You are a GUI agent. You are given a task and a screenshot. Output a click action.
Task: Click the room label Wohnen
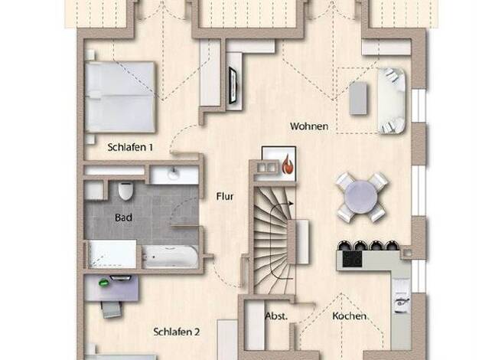(x=309, y=126)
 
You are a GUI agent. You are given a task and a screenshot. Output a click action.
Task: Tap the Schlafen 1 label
(x=130, y=147)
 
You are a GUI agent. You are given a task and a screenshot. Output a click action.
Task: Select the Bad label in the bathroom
(x=123, y=218)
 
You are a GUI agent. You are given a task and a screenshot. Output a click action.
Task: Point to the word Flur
(x=225, y=196)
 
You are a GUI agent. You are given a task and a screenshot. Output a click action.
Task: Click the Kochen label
(x=349, y=316)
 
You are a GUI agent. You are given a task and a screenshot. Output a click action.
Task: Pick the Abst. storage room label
(x=276, y=316)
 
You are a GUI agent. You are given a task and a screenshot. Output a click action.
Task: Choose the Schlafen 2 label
(x=177, y=332)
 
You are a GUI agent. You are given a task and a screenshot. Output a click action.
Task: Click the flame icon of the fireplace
(x=287, y=165)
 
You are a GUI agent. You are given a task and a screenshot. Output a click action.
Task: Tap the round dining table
(x=361, y=198)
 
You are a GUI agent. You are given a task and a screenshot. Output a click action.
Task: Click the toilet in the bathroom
(x=125, y=191)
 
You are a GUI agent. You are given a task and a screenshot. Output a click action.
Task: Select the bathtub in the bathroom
(x=170, y=257)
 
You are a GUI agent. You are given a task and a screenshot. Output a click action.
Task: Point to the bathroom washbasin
(x=174, y=175)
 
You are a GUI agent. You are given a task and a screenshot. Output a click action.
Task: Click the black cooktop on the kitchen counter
(x=352, y=259)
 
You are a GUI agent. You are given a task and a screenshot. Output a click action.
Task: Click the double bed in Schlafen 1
(x=120, y=97)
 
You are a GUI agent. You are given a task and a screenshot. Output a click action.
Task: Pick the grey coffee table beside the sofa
(x=358, y=98)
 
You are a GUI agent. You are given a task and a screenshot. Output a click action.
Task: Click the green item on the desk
(x=104, y=283)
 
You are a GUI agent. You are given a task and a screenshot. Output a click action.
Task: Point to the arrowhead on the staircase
(x=291, y=204)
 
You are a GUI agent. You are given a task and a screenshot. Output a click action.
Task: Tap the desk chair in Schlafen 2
(x=112, y=309)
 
